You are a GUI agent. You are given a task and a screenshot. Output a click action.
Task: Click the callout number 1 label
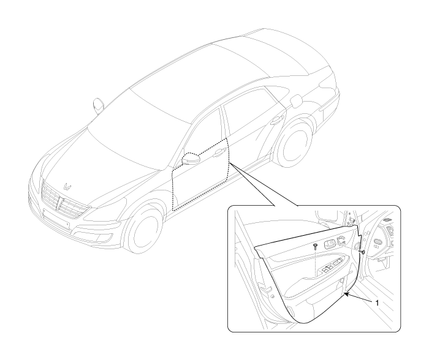click(x=377, y=303)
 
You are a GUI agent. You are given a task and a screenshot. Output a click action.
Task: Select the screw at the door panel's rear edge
click(x=363, y=252)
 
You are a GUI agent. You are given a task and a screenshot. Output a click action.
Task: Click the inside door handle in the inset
click(x=330, y=244)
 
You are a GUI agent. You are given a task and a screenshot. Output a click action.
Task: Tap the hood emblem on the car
click(x=67, y=186)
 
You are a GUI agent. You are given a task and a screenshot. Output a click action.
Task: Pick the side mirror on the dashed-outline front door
click(x=191, y=159)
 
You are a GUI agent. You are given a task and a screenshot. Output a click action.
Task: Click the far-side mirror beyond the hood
click(x=98, y=105)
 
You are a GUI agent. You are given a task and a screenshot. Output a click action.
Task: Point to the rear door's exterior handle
click(x=276, y=121)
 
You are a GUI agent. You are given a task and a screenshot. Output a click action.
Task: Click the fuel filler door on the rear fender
click(x=297, y=101)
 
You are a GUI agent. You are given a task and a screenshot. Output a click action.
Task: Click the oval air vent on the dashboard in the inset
click(x=378, y=242)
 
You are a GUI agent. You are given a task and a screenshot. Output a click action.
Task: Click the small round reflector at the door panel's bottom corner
click(x=272, y=296)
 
